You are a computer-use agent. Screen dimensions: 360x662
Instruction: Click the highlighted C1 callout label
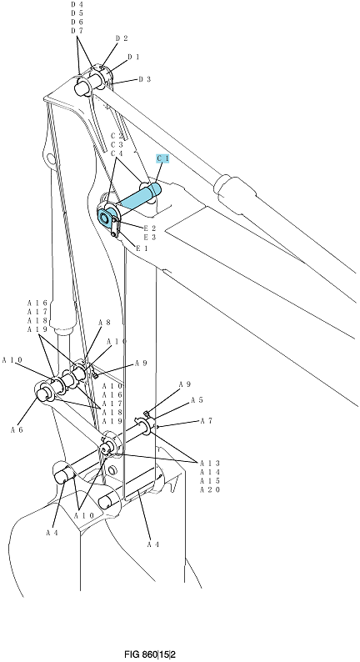(x=162, y=158)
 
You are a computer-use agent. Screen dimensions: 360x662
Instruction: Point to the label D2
(x=122, y=38)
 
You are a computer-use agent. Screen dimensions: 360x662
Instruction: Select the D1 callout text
(x=133, y=57)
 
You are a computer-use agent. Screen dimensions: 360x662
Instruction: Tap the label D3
(x=145, y=79)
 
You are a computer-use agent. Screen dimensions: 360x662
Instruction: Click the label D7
(x=77, y=31)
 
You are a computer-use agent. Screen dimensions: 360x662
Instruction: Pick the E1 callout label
(x=142, y=248)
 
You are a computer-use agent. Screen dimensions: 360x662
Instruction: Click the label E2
(x=150, y=228)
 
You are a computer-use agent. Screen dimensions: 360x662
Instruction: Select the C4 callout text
(x=117, y=153)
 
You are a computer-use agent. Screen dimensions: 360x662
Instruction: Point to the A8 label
(x=104, y=323)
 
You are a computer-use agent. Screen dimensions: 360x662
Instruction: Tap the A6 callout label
(x=17, y=429)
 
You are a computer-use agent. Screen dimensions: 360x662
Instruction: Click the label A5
(x=197, y=400)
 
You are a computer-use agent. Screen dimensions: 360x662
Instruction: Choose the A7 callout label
(x=206, y=421)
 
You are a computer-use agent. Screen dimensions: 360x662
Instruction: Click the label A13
(x=210, y=464)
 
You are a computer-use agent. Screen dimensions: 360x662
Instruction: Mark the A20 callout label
(x=210, y=489)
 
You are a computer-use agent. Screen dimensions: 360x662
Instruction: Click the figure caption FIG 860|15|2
(x=149, y=654)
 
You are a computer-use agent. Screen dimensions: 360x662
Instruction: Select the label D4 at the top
(x=77, y=4)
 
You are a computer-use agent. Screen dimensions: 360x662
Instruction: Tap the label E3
(x=150, y=238)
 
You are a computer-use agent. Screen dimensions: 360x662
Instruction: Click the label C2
(x=117, y=136)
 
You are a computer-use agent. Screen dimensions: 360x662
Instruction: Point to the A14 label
(x=210, y=472)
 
